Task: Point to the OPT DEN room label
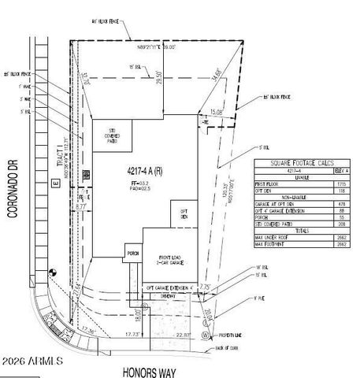click(183, 213)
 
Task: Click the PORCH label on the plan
click(132, 254)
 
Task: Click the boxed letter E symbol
click(55, 183)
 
